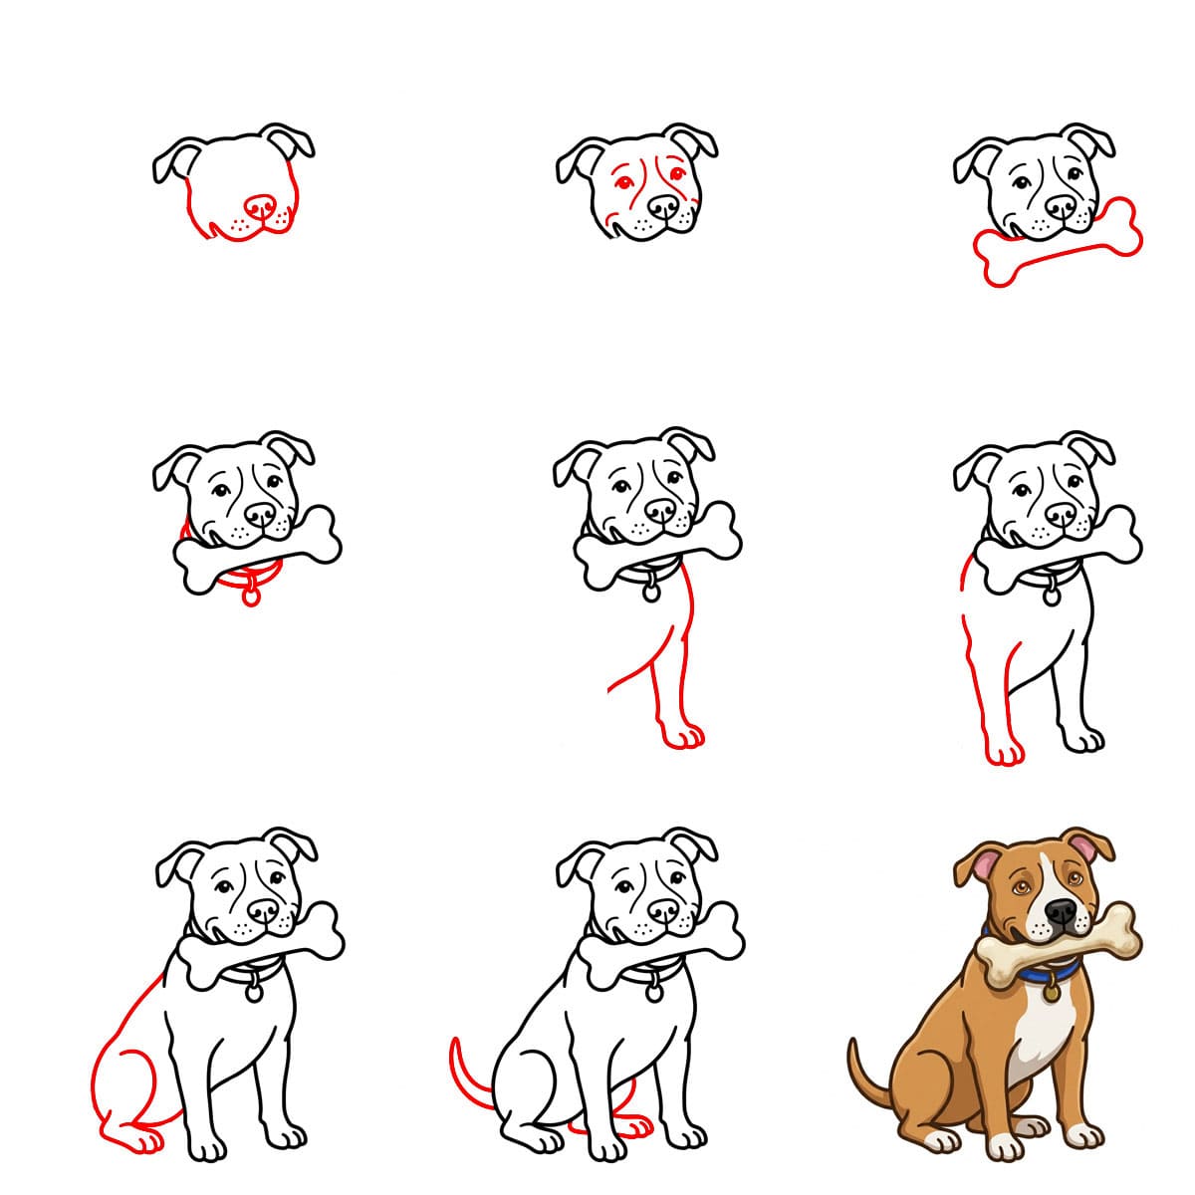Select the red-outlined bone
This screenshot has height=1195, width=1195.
point(1059,245)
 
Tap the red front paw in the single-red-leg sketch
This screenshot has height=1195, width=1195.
point(683,738)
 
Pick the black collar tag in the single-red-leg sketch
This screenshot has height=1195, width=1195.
point(650,592)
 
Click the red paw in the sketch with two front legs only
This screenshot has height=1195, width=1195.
point(1004,752)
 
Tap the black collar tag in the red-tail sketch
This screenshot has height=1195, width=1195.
point(653,992)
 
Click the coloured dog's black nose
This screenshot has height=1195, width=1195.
point(1062,911)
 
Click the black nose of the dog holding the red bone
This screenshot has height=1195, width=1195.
point(1061,207)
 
